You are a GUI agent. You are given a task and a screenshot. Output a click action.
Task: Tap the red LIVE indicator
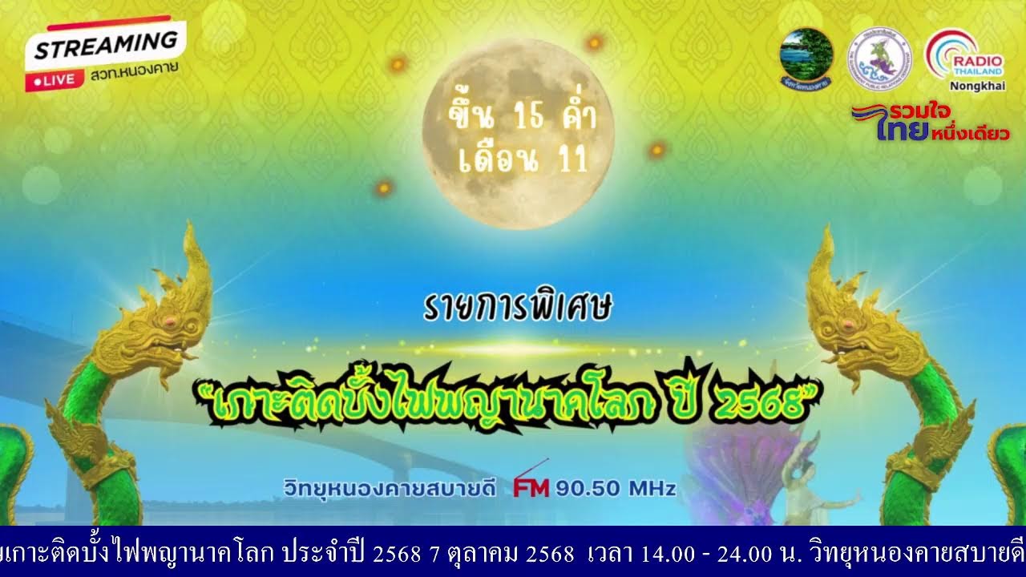(x=55, y=79)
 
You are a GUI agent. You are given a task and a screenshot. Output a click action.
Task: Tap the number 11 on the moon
(x=569, y=159)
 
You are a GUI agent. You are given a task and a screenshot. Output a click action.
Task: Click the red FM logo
(x=531, y=487)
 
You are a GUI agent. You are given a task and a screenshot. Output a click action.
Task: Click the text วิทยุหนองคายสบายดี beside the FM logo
(x=390, y=487)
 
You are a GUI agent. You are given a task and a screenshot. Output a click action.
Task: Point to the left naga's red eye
(x=170, y=321)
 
